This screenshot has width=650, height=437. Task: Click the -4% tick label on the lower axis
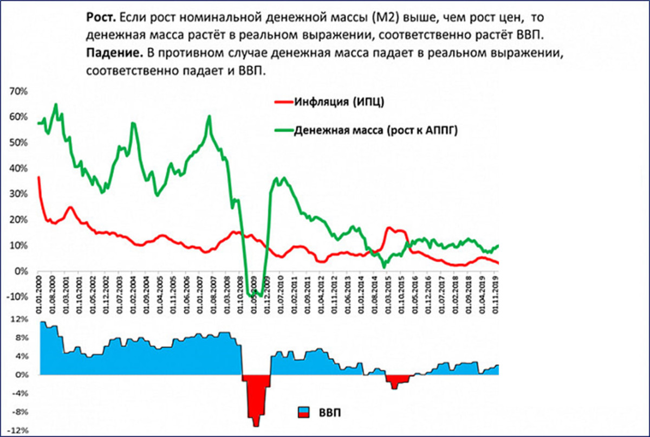[19, 394]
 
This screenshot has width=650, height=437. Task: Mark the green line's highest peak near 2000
[56, 105]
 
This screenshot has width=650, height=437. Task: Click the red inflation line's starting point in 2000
[38, 177]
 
